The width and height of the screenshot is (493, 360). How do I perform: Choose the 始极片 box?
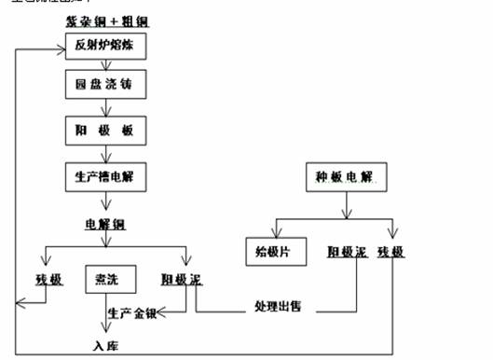click(274, 252)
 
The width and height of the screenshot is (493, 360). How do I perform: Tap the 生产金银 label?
click(132, 312)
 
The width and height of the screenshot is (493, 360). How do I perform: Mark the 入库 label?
click(105, 347)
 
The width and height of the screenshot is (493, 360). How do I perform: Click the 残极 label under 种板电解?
click(394, 253)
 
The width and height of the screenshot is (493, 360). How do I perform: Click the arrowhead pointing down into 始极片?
click(274, 230)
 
